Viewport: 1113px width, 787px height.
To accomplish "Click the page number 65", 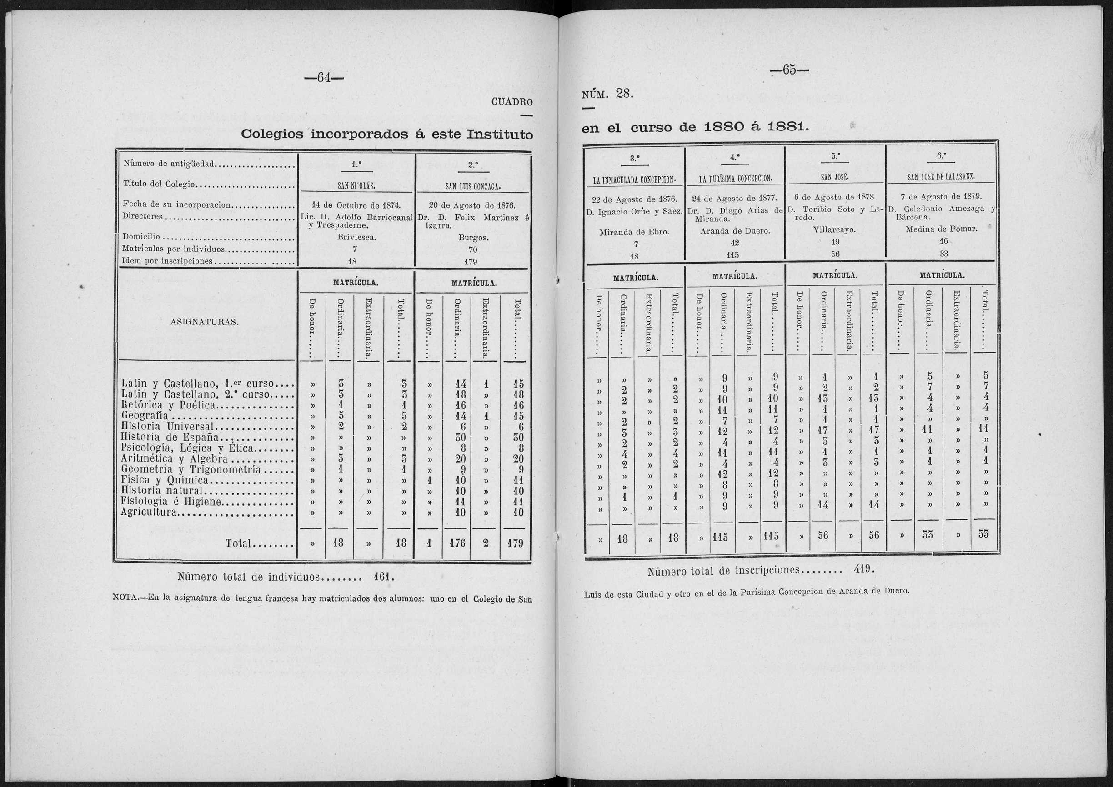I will click(x=789, y=70).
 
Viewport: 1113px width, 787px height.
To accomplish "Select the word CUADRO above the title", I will click(x=512, y=102).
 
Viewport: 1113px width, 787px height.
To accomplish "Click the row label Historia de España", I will click(x=170, y=437).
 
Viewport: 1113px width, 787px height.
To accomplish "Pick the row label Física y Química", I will click(x=165, y=480).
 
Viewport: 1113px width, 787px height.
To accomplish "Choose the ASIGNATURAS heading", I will click(x=204, y=322).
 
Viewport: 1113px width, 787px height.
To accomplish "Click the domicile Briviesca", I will click(x=356, y=238).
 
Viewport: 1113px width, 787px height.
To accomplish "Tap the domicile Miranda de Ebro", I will click(x=634, y=232).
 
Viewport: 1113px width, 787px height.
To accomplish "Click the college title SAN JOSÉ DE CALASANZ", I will click(x=940, y=177).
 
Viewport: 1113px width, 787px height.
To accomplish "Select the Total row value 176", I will click(x=456, y=543).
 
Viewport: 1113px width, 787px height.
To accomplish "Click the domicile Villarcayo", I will click(x=834, y=230).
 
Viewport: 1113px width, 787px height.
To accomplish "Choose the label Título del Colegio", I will click(x=159, y=184).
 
